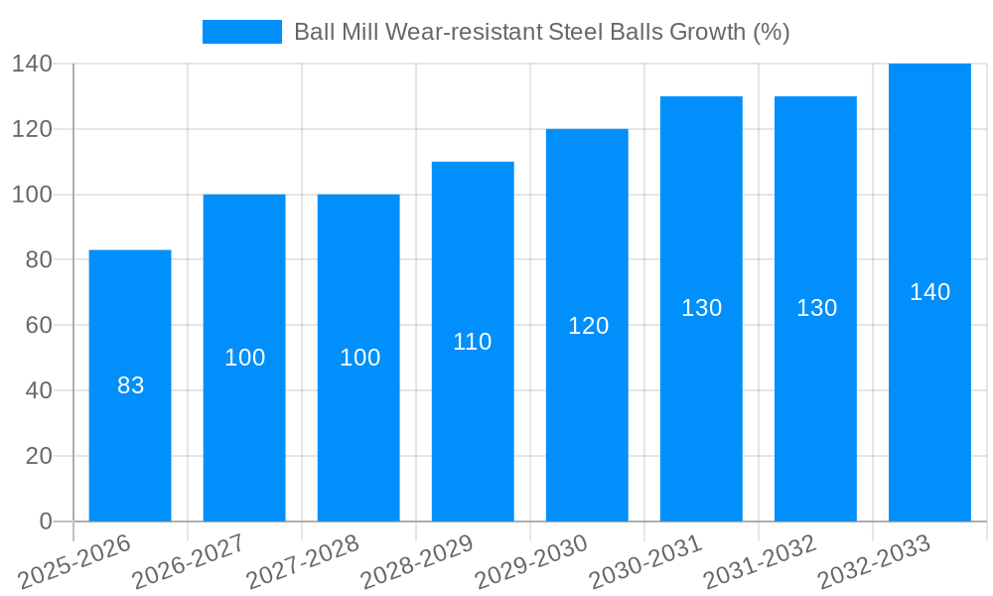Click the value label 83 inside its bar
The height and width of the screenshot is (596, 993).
130,385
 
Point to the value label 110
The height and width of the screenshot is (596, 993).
473,342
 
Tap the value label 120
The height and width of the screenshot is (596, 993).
588,326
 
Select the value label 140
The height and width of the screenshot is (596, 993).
929,292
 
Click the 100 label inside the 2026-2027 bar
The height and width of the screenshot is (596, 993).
244,358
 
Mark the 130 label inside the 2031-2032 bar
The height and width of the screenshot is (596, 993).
816,308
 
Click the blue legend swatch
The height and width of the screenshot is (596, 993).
241,32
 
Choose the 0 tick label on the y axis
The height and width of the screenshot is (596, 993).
45,521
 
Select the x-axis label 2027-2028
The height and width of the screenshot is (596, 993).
303,561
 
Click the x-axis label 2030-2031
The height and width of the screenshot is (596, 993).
645,561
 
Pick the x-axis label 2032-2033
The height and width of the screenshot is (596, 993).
874,561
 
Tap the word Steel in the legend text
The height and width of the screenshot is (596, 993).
575,32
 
